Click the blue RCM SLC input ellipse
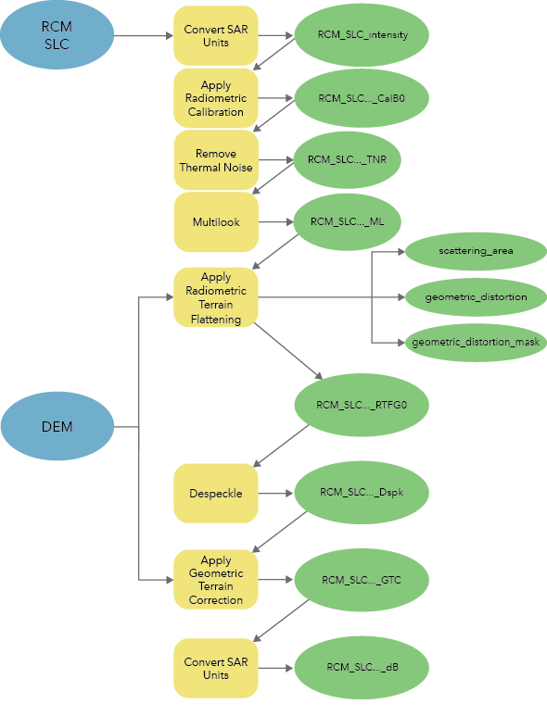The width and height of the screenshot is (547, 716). [57, 36]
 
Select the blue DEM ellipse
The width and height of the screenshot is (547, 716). [57, 427]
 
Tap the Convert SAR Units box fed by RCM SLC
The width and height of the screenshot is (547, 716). [216, 36]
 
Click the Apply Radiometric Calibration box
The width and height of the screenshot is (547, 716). [216, 98]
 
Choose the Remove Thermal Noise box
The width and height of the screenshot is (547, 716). [216, 160]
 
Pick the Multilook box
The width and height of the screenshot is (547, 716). [216, 222]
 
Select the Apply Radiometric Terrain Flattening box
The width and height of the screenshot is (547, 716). [216, 297]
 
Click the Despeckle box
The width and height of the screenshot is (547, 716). [216, 493]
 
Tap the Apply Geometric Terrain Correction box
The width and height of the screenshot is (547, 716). [216, 580]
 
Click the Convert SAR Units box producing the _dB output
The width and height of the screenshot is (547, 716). [216, 668]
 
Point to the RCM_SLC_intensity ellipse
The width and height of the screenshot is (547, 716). [362, 36]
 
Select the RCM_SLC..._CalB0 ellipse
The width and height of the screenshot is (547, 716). [362, 97]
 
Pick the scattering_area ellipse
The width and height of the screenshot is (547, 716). [476, 251]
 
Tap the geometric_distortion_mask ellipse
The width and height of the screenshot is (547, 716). [476, 342]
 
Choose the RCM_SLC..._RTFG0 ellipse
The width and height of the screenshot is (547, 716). [362, 405]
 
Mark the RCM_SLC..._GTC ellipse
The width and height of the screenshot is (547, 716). [362, 580]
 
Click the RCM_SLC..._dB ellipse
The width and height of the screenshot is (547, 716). [362, 667]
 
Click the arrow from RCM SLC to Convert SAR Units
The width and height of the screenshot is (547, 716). [143, 37]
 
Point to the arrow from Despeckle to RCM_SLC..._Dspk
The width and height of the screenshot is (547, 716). [275, 493]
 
